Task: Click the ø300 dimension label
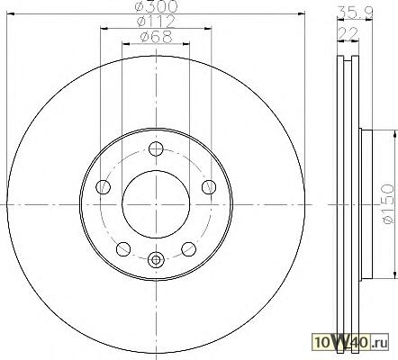tap(156, 6)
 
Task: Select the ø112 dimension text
tap(156, 22)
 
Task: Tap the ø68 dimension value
tap(156, 37)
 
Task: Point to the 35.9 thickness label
tap(356, 13)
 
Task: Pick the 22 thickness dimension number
tap(348, 33)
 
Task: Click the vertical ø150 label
tap(387, 204)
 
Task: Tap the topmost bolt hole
tap(156, 149)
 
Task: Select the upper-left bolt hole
tap(103, 187)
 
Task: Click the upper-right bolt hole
tap(209, 187)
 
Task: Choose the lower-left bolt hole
tap(123, 249)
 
